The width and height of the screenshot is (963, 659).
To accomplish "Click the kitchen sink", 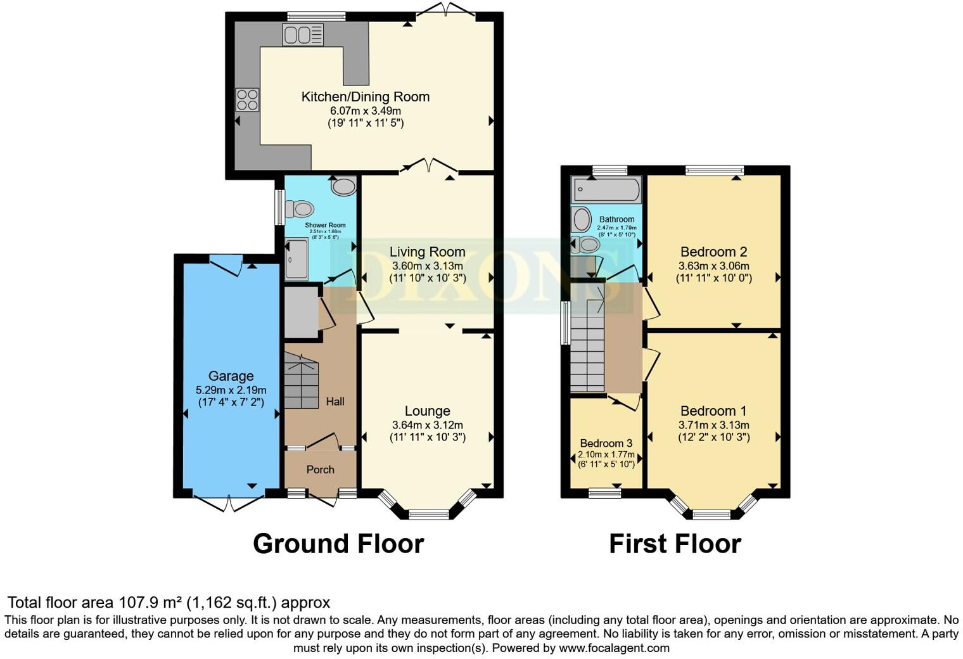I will click(303, 35).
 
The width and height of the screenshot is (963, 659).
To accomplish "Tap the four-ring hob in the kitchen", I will click(247, 99).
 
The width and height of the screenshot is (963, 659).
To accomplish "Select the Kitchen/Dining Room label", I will click(365, 97).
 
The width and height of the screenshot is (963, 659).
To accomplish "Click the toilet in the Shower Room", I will click(300, 208).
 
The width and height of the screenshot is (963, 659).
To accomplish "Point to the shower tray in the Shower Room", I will click(296, 259).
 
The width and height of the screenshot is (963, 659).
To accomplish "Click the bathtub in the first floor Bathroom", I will click(606, 189).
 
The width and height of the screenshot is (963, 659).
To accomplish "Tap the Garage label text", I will click(231, 376).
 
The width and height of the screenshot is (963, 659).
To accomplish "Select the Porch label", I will click(320, 470).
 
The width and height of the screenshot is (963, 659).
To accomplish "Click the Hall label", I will click(335, 401).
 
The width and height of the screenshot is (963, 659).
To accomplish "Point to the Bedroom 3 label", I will click(606, 443).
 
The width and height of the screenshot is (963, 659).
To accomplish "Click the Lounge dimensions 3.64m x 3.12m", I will click(427, 425).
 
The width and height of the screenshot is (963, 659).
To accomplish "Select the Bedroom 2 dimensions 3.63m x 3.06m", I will click(713, 266).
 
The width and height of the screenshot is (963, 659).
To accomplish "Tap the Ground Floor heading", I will click(338, 544).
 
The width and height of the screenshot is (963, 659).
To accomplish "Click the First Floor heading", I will click(675, 544).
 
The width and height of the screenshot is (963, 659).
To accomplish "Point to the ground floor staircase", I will click(301, 381).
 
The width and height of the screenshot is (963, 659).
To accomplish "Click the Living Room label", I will click(427, 252).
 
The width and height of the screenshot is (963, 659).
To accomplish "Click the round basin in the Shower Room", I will click(344, 186).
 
